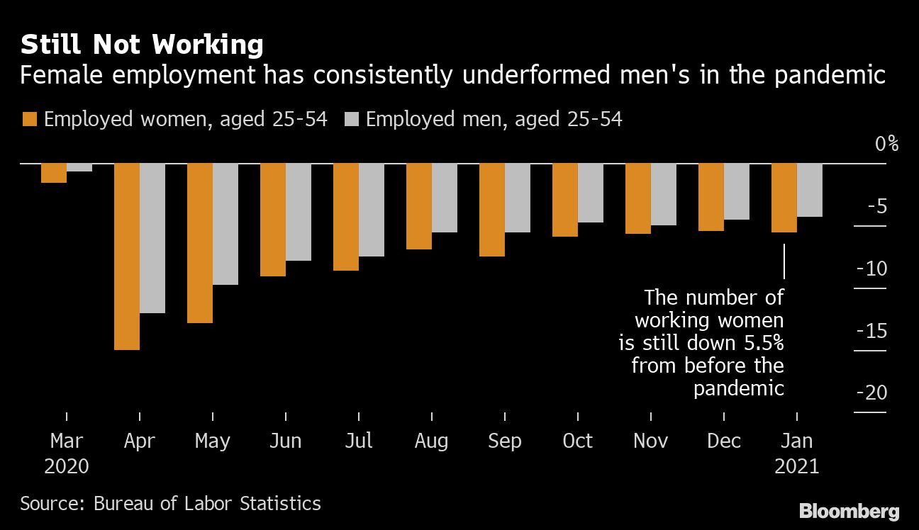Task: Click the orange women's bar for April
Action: (127, 256)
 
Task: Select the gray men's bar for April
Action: (152, 238)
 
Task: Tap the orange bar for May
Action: (200, 243)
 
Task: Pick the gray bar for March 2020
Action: (79, 168)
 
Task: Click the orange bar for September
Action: (492, 210)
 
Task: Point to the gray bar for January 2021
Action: (810, 190)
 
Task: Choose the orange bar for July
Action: (346, 217)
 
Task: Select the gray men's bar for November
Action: (664, 194)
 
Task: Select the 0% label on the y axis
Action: (886, 144)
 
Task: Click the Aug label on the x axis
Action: (431, 441)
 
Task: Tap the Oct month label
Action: (577, 441)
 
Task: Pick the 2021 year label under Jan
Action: (796, 466)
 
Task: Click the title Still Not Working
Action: (142, 45)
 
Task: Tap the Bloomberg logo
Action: (849, 511)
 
